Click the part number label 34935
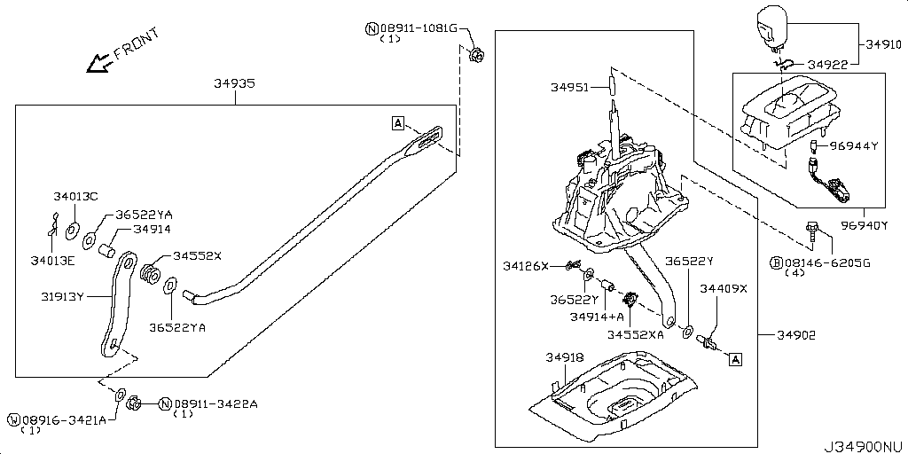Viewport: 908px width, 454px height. pos(235,84)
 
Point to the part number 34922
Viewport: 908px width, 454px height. pos(827,64)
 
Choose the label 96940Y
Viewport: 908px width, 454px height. pos(865,225)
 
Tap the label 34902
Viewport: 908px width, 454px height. pos(796,335)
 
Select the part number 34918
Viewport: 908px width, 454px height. pos(564,357)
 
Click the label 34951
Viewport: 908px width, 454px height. pos(569,87)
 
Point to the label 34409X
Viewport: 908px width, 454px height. pos(724,288)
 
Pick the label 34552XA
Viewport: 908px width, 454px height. pos(635,334)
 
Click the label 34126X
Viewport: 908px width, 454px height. pos(526,265)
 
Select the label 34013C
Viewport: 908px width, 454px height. pos(75,196)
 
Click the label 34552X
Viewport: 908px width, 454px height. pos(197,255)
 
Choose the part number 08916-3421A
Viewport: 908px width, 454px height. pos(58,419)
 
